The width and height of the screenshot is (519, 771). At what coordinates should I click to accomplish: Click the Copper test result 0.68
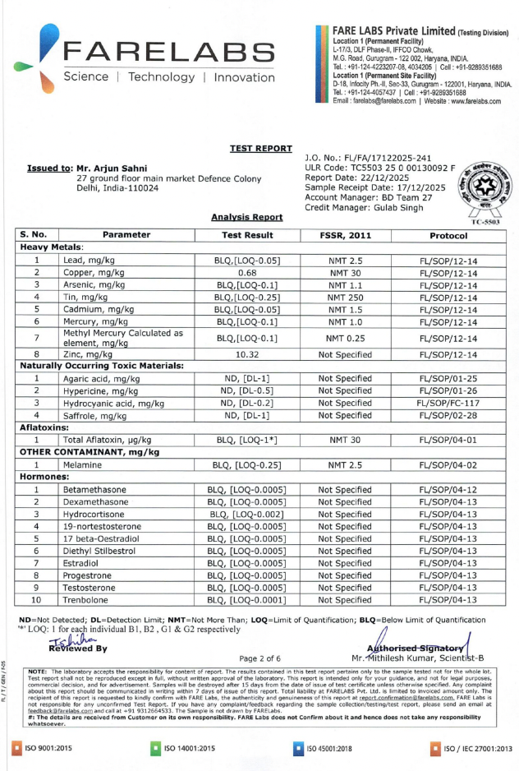point(247,272)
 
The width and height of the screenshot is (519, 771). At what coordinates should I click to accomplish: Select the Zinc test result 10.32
point(247,355)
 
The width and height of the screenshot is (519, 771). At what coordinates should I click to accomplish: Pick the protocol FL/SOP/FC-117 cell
point(448,404)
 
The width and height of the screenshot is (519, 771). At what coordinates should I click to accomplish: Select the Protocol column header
point(448,235)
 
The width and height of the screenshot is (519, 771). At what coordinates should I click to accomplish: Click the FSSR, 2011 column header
point(345,235)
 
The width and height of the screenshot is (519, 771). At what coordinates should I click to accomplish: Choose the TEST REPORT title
point(261,148)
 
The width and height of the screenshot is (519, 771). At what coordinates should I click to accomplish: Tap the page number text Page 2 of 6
point(259,658)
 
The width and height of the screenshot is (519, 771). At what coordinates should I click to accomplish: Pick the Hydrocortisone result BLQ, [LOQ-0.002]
point(247,514)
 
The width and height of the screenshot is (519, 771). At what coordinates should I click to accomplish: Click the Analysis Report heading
point(246,217)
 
